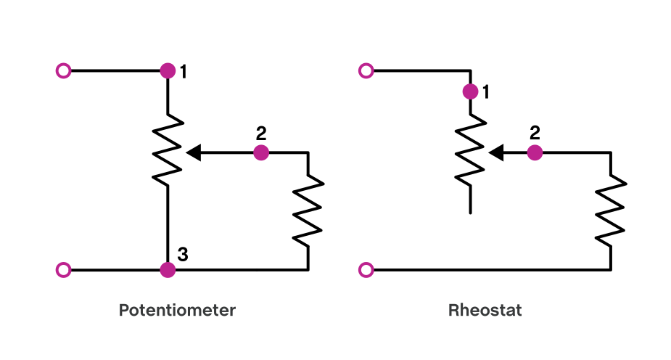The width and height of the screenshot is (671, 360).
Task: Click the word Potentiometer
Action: click(x=177, y=311)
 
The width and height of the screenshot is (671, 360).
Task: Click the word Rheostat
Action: click(x=485, y=311)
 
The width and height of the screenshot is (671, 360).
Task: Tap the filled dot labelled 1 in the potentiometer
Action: click(x=168, y=71)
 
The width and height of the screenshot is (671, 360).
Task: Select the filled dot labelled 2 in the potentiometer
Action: click(x=261, y=152)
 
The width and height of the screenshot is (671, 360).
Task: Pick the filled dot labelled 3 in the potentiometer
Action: click(x=168, y=270)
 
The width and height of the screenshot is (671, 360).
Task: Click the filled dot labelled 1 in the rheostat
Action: click(x=470, y=91)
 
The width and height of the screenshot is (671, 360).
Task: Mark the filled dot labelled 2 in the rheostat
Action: click(x=535, y=152)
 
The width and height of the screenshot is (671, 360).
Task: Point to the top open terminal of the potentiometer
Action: click(x=64, y=71)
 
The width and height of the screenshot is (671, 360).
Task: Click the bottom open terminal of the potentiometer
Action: click(x=64, y=270)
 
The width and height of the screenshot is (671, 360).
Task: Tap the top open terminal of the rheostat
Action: click(x=366, y=71)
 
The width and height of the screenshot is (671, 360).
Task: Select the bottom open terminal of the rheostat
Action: click(x=366, y=270)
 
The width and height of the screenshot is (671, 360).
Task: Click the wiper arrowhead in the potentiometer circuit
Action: click(x=194, y=152)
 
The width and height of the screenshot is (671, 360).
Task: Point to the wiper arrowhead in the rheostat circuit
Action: click(x=496, y=152)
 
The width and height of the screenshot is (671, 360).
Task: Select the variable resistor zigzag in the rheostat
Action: click(x=470, y=152)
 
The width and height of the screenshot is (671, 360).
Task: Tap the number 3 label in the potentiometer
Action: click(x=183, y=254)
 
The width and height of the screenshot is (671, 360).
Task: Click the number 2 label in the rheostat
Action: click(x=535, y=133)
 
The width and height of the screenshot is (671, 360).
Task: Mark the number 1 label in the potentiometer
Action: click(x=184, y=72)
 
